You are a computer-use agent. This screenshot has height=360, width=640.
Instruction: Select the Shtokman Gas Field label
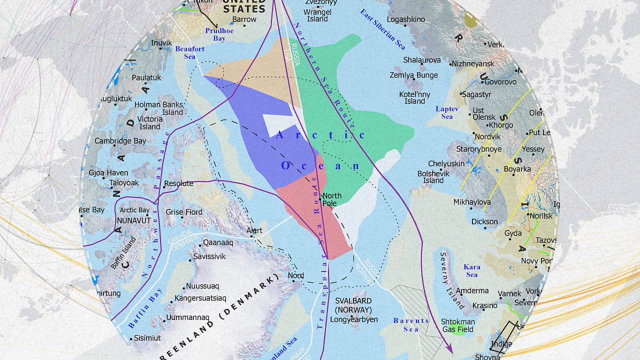pyautogui.click(x=457, y=325)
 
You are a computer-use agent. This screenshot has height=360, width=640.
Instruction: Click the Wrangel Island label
pyautogui.click(x=317, y=15)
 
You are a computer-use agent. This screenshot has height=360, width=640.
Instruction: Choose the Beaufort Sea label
pyautogui.click(x=189, y=52)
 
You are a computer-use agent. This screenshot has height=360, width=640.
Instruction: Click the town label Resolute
pyautogui.click(x=178, y=183)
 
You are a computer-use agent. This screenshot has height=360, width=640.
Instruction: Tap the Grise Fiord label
pyautogui.click(x=184, y=212)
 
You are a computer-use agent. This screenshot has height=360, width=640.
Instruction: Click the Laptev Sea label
pyautogui.click(x=443, y=112)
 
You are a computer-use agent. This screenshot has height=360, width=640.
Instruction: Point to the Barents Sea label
pyautogui.click(x=411, y=324)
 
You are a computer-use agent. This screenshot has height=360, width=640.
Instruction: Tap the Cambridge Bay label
pyautogui.click(x=120, y=141)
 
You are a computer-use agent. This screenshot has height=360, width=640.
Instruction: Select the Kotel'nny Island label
pyautogui.click(x=414, y=97)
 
